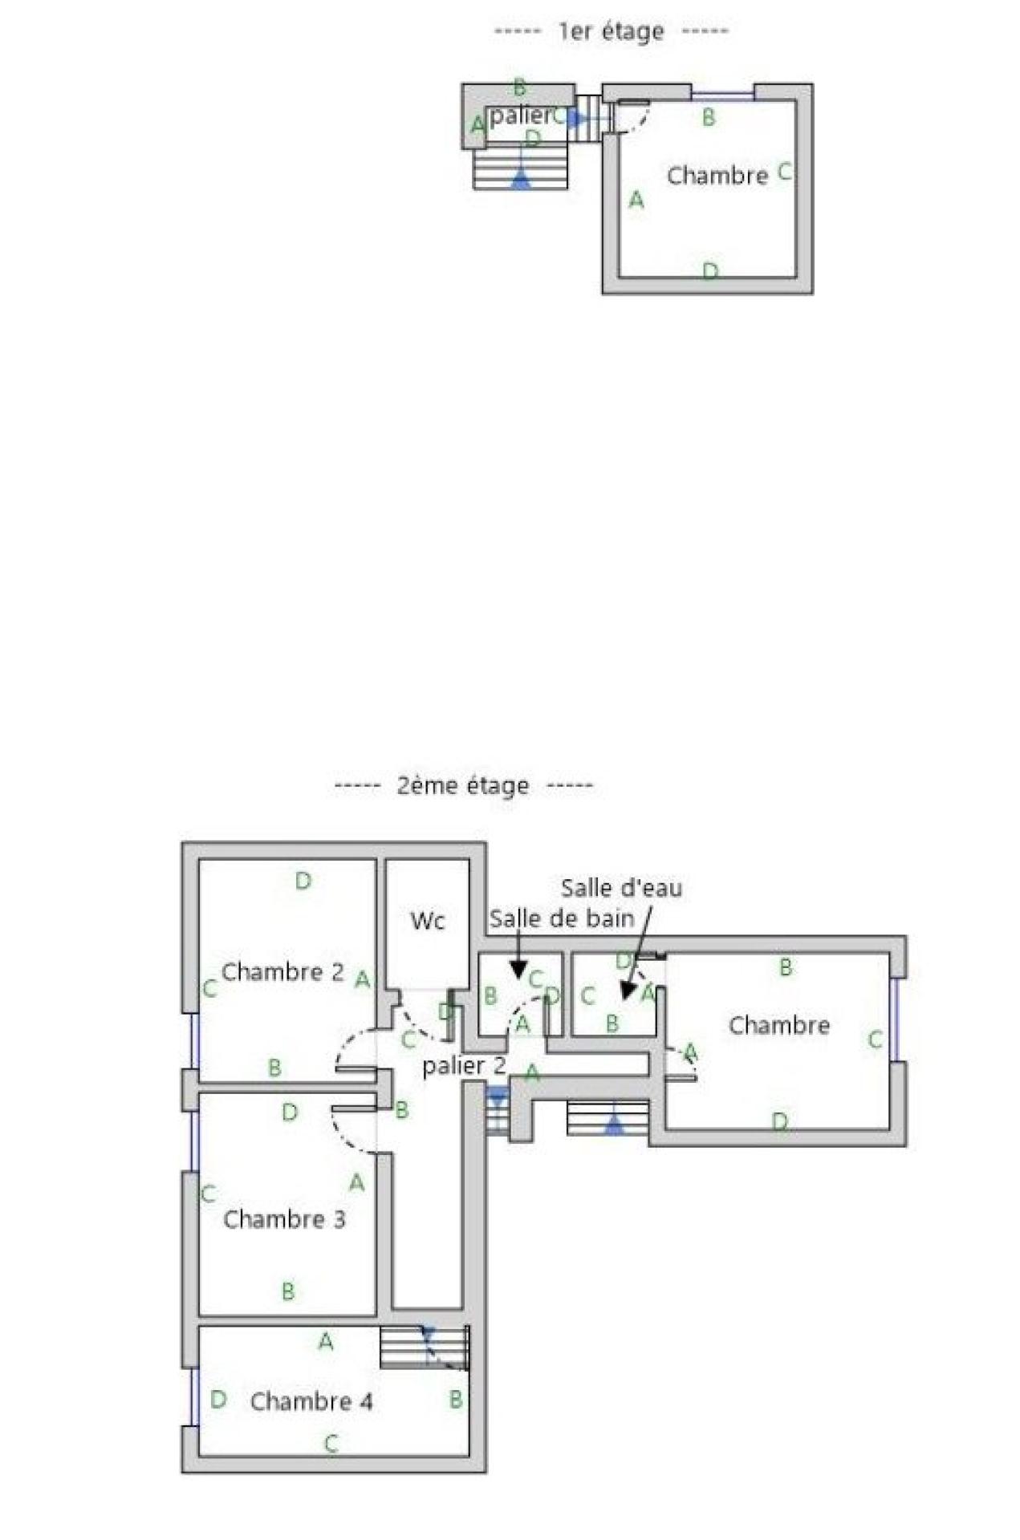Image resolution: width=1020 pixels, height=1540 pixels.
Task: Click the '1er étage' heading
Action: [x=611, y=32]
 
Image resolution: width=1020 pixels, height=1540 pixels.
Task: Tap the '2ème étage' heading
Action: [x=463, y=785]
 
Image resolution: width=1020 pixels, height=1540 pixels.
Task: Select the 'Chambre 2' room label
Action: [x=282, y=972]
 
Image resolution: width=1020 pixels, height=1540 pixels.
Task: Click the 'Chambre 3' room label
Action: [x=284, y=1219]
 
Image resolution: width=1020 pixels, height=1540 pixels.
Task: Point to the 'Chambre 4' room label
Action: [x=311, y=1401]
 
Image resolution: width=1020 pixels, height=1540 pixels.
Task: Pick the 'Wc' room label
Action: [x=427, y=921]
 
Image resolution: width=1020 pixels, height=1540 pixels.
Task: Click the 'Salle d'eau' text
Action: [x=621, y=888]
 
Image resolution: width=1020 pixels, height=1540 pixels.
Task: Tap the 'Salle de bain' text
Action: [x=562, y=918]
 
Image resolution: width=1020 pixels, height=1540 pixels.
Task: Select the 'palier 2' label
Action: [x=464, y=1066]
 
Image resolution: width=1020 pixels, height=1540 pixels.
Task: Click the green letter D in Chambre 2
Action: [x=303, y=881]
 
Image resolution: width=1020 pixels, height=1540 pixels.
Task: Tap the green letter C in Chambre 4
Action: [x=331, y=1445]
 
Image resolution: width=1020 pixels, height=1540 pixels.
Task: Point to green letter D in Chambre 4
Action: [x=217, y=1400]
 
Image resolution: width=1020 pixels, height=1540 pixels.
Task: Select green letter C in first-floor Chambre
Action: [x=785, y=172]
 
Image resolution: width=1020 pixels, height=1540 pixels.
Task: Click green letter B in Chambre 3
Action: [x=288, y=1291]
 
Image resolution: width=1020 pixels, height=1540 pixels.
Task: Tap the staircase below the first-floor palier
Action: [x=521, y=169]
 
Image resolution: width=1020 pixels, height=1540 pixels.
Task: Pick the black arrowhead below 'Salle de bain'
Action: [x=519, y=971]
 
